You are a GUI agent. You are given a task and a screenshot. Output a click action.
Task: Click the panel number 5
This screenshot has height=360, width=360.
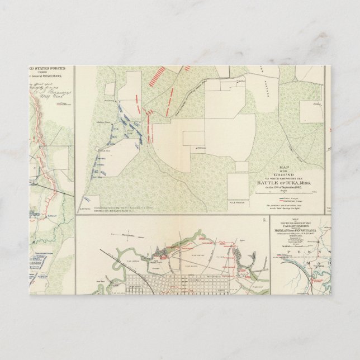coord(263,220)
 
